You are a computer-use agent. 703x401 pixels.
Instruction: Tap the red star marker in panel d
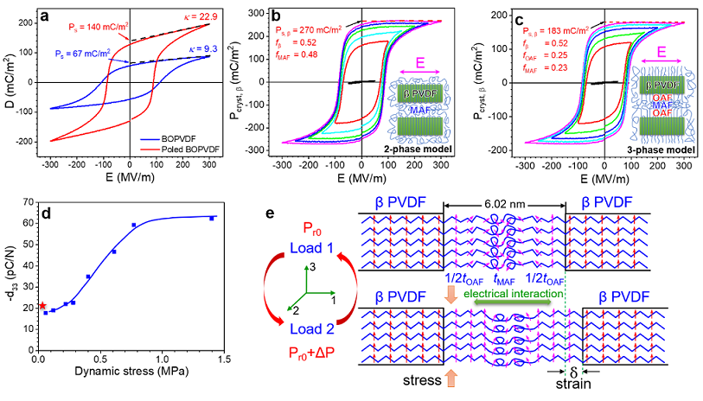[x=42, y=305]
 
